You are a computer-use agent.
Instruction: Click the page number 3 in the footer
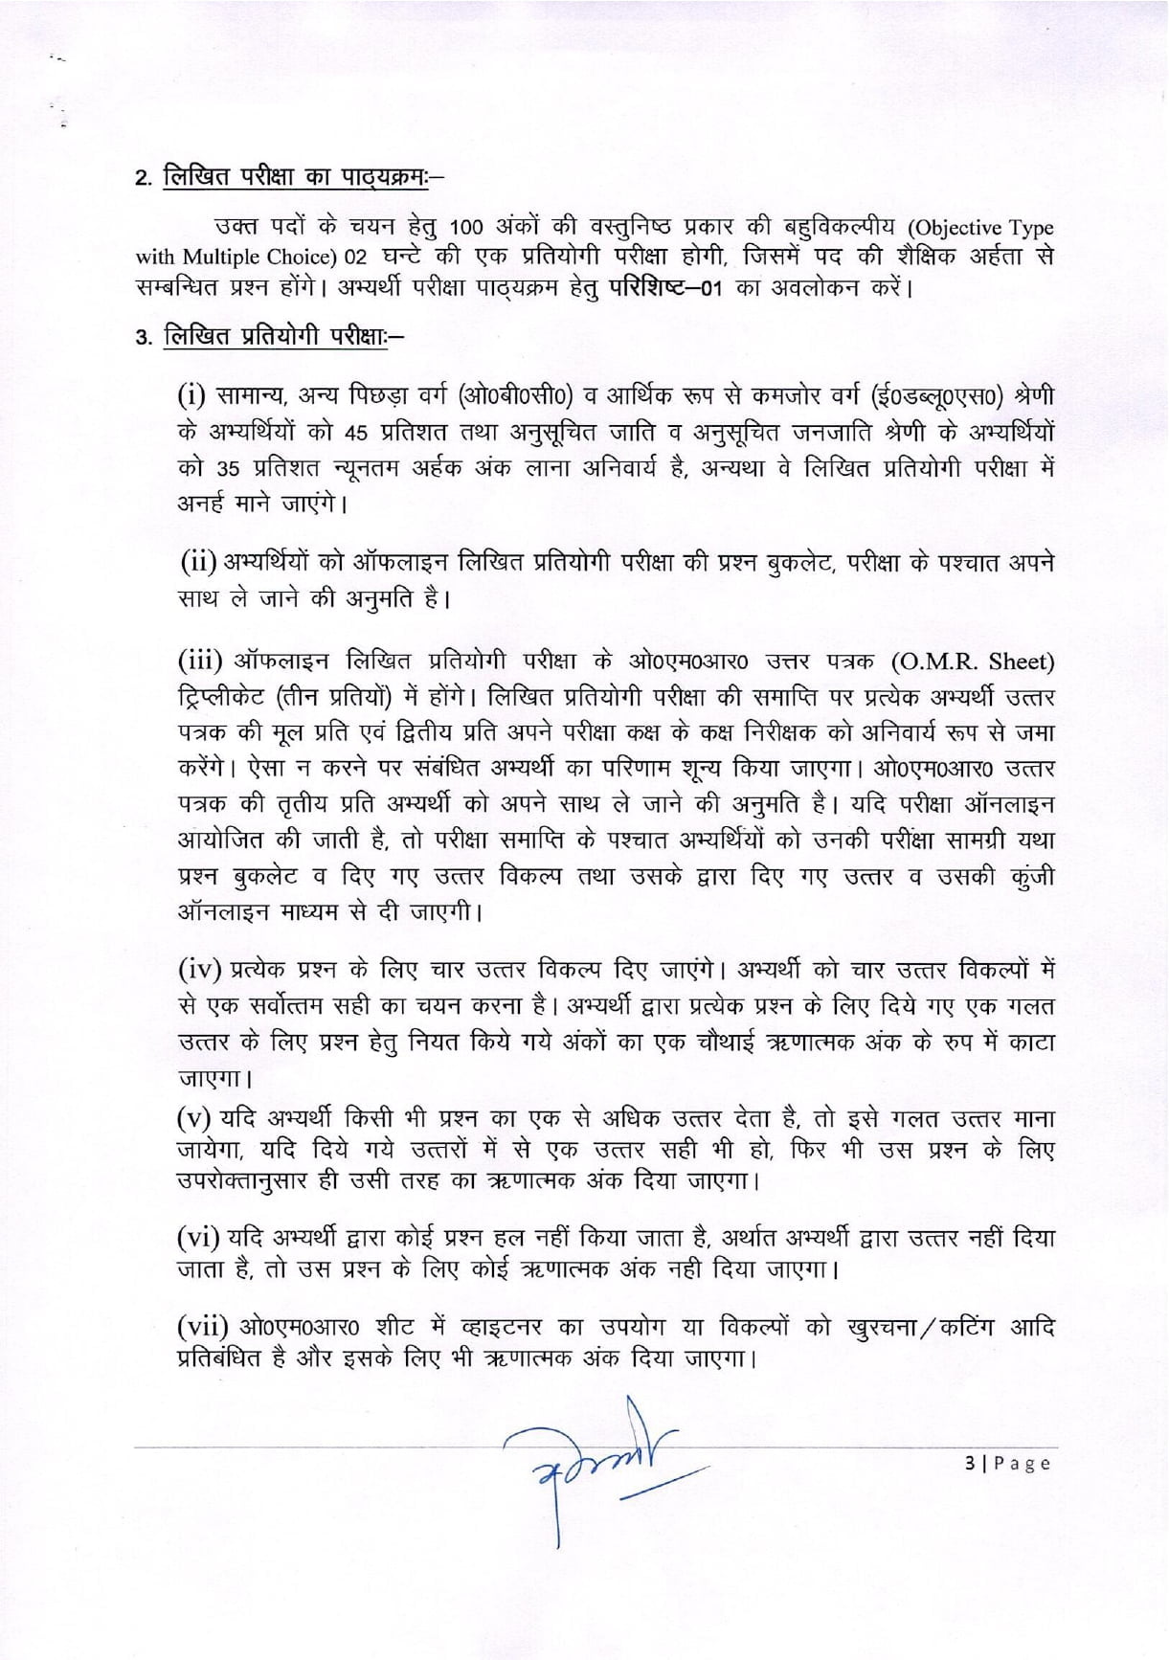tap(969, 1463)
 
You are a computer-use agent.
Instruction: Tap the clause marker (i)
tap(194, 394)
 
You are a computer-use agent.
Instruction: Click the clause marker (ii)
tap(199, 563)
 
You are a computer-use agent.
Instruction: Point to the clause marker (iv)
tap(201, 969)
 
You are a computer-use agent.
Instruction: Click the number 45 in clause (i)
tap(356, 433)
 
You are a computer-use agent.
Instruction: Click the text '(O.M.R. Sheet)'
tap(972, 662)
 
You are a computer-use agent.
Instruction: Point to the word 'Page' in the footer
tap(1022, 1463)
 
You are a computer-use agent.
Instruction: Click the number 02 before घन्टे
tap(355, 258)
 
